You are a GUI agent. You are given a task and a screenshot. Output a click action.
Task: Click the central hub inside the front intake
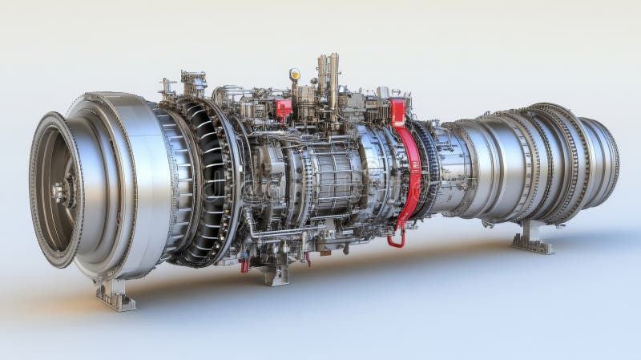tap(60, 191)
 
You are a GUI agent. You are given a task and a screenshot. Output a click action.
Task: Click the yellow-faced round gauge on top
tap(295, 75)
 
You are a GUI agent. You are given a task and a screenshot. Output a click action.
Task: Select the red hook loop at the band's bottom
tap(396, 238)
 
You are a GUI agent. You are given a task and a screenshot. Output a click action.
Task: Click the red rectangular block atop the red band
tap(398, 111)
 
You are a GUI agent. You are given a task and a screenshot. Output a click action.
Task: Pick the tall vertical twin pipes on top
tap(329, 80)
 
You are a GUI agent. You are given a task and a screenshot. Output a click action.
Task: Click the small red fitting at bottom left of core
tap(244, 265)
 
